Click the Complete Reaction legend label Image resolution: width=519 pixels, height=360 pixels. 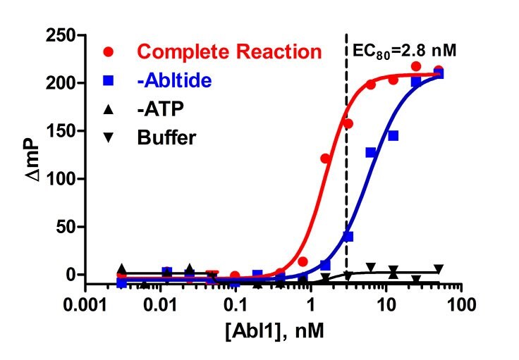(229, 52)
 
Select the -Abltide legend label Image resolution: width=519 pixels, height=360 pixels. (175, 80)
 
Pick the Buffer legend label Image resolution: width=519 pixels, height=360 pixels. (166, 136)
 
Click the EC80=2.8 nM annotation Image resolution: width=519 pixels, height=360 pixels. (404, 50)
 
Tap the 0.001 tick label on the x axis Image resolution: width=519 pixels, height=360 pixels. (85, 308)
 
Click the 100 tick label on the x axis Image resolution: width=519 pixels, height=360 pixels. (460, 308)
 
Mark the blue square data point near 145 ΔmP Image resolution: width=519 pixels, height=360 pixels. (393, 135)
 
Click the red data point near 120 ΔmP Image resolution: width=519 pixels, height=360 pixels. (326, 159)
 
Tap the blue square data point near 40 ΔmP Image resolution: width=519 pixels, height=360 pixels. (348, 236)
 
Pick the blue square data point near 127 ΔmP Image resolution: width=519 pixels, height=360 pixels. (370, 152)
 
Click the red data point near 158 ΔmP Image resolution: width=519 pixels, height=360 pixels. (348, 123)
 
